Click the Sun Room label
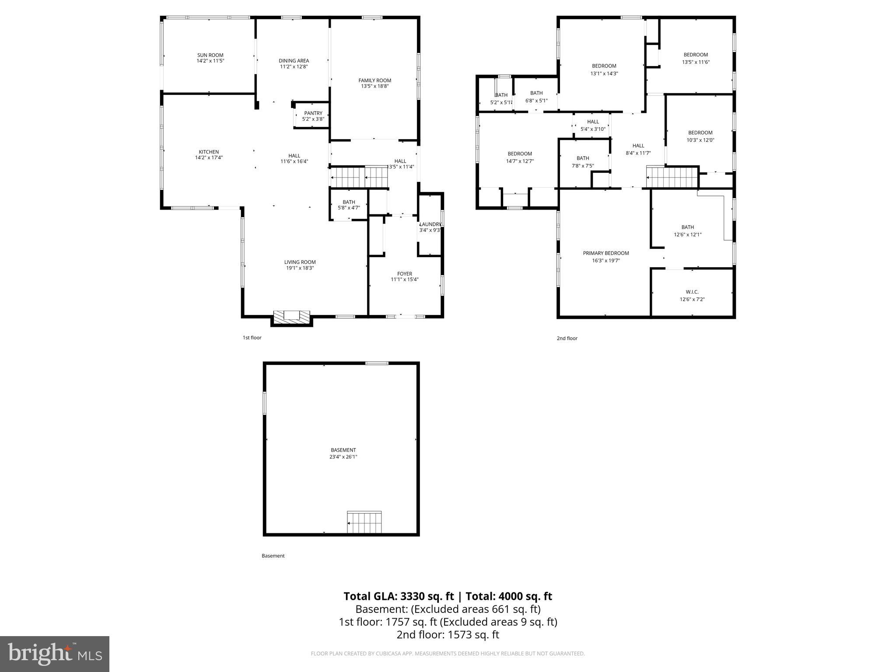[x=210, y=55]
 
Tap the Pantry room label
[x=313, y=113]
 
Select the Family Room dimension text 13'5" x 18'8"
[x=375, y=87]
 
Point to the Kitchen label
[x=209, y=152]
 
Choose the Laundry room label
[x=430, y=224]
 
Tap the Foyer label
[x=405, y=274]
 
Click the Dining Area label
[x=294, y=61]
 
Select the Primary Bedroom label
[x=606, y=253]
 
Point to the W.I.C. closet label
[x=692, y=292]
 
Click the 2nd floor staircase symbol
[x=672, y=177]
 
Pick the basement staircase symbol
[x=364, y=522]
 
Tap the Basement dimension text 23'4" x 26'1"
[x=343, y=457]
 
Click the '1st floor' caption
[x=252, y=338]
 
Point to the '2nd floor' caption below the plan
[x=567, y=338]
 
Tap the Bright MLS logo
[x=55, y=654]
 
